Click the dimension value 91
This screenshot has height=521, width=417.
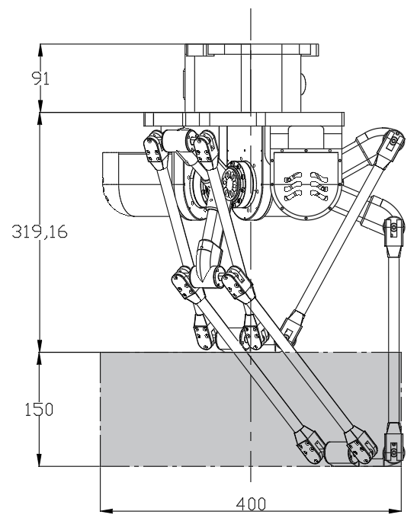point(40,78)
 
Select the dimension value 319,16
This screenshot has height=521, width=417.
point(40,232)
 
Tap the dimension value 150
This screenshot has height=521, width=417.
point(39,409)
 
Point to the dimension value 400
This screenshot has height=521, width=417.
point(251,503)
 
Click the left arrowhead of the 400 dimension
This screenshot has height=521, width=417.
point(107,510)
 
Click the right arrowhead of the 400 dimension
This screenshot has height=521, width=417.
point(395,510)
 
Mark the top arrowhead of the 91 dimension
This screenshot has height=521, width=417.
point(40,50)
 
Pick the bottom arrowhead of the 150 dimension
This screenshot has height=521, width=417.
point(39,460)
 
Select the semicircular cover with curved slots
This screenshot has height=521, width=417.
point(306,185)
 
